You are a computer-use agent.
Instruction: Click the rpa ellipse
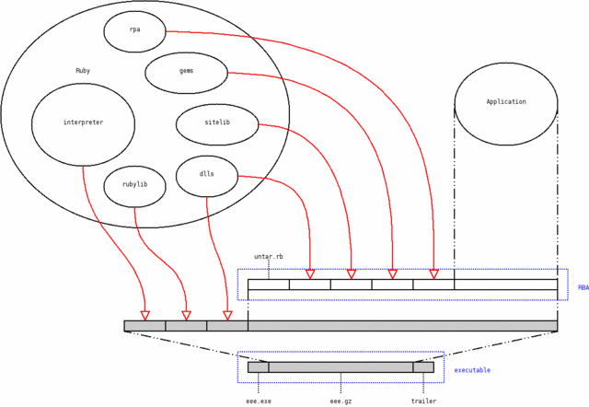134,30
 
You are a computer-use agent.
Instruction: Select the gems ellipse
186,72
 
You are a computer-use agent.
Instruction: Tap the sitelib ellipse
217,123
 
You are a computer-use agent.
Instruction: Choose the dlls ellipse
207,175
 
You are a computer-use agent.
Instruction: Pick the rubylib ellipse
134,185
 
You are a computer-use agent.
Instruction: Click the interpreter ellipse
83,123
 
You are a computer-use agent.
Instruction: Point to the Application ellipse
506,102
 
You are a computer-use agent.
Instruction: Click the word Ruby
83,71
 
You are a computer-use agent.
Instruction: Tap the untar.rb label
269,257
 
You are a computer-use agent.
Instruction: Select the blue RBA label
583,288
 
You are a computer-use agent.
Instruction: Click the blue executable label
473,370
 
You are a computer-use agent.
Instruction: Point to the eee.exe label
259,401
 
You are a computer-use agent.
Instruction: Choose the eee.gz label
341,401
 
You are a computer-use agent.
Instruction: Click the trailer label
423,401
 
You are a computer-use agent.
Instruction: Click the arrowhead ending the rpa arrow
433,274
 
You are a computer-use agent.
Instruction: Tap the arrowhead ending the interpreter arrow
144,316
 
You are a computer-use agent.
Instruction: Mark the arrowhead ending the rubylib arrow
186,316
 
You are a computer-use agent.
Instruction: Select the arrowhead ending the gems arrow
392,274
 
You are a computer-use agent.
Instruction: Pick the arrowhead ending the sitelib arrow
351,274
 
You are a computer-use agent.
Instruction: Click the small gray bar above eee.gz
341,367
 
